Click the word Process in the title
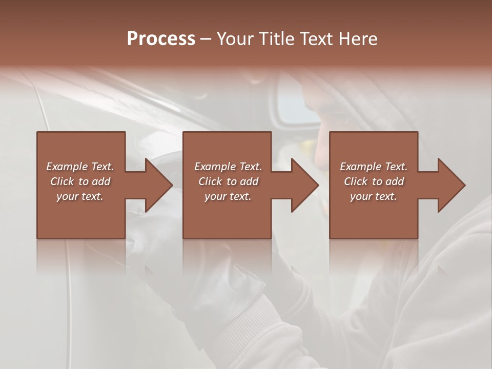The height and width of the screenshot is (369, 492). pos(161,38)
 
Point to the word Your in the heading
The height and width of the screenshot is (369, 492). pos(236,38)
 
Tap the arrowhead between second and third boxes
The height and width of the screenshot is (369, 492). pos(304,185)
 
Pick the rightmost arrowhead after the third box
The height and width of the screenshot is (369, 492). pos(451,185)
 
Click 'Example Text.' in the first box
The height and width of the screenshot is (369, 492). pos(80,167)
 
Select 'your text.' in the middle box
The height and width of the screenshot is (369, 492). pos(228,196)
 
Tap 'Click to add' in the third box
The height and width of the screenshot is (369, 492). pos(374,181)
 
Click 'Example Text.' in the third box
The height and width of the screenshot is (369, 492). pos(374,167)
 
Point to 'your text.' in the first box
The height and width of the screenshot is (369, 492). pos(80,196)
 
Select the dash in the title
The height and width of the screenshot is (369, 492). pos(206,39)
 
